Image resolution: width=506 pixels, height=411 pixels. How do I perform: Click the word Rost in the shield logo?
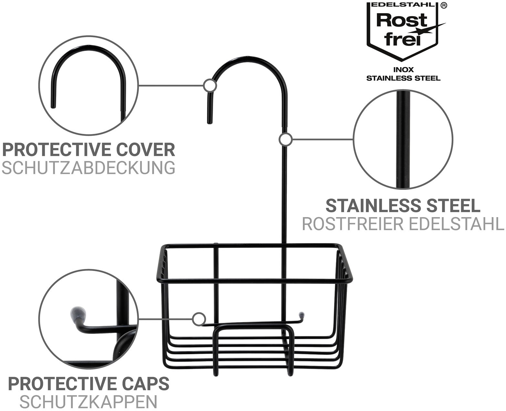click(x=401, y=21)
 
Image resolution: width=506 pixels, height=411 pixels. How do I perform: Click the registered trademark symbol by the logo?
click(x=444, y=6)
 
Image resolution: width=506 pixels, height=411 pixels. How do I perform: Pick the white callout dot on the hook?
click(x=210, y=86)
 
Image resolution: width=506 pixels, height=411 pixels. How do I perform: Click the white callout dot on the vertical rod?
click(x=285, y=140)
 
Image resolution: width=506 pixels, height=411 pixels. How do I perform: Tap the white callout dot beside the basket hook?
click(x=199, y=319)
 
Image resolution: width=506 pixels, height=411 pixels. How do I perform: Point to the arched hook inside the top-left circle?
click(x=88, y=52)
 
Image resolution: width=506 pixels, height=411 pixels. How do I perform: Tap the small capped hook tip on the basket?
click(x=302, y=314)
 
